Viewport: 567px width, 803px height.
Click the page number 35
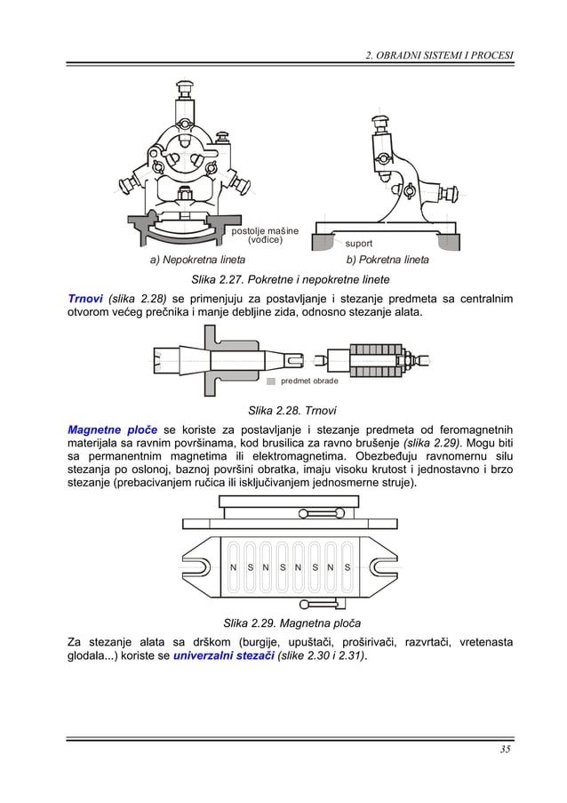(x=505, y=749)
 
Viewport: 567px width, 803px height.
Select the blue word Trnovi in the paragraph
(x=86, y=298)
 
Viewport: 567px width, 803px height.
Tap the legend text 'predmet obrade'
(x=309, y=381)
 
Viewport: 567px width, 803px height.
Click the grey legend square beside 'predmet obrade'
(x=271, y=381)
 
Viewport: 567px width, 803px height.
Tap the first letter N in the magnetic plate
(x=232, y=567)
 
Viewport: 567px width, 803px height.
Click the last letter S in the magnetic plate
(x=347, y=567)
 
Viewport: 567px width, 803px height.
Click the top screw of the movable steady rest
(x=381, y=120)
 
